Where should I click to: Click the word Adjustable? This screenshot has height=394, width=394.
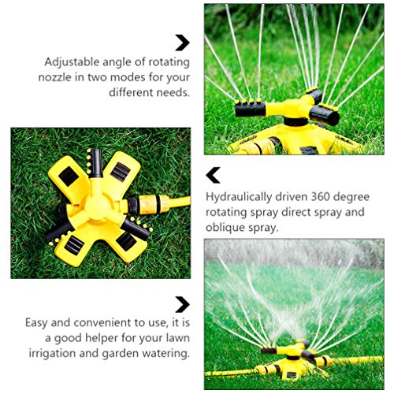(71, 61)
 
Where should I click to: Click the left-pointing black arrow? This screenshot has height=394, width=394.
(213, 175)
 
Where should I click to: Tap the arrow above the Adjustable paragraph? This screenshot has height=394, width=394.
(182, 43)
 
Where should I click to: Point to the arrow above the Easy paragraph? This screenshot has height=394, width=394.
(182, 303)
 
